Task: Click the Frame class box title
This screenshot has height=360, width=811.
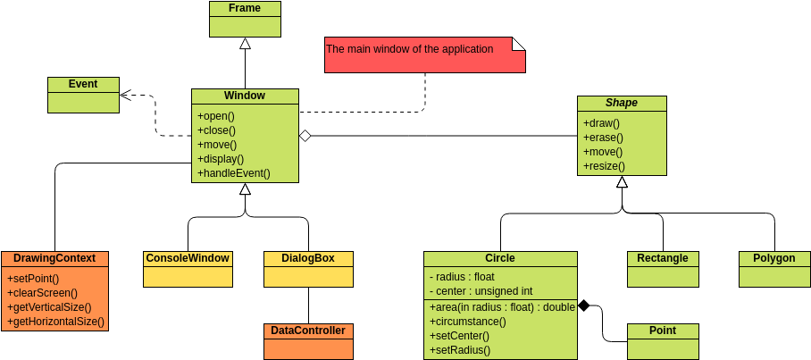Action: (245, 9)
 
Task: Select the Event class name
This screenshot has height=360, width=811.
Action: (83, 85)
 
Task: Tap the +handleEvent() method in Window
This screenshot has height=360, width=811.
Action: (234, 173)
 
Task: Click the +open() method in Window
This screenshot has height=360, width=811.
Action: (215, 116)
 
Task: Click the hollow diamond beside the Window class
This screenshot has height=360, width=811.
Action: (305, 136)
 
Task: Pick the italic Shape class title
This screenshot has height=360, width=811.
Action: (622, 103)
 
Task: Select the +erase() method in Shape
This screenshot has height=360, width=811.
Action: (603, 138)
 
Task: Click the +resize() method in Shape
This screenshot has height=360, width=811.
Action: (604, 166)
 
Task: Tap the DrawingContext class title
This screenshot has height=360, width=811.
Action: (54, 258)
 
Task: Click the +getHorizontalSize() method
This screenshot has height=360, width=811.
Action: (55, 322)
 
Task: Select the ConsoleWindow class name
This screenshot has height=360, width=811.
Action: (188, 258)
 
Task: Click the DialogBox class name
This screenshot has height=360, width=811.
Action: (308, 258)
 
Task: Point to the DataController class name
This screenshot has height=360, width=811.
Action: (308, 331)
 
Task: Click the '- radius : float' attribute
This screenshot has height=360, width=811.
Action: (462, 277)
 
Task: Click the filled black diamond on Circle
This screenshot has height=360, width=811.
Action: (584, 306)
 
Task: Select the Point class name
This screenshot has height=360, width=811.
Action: (663, 331)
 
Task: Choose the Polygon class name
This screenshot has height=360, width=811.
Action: (773, 258)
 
